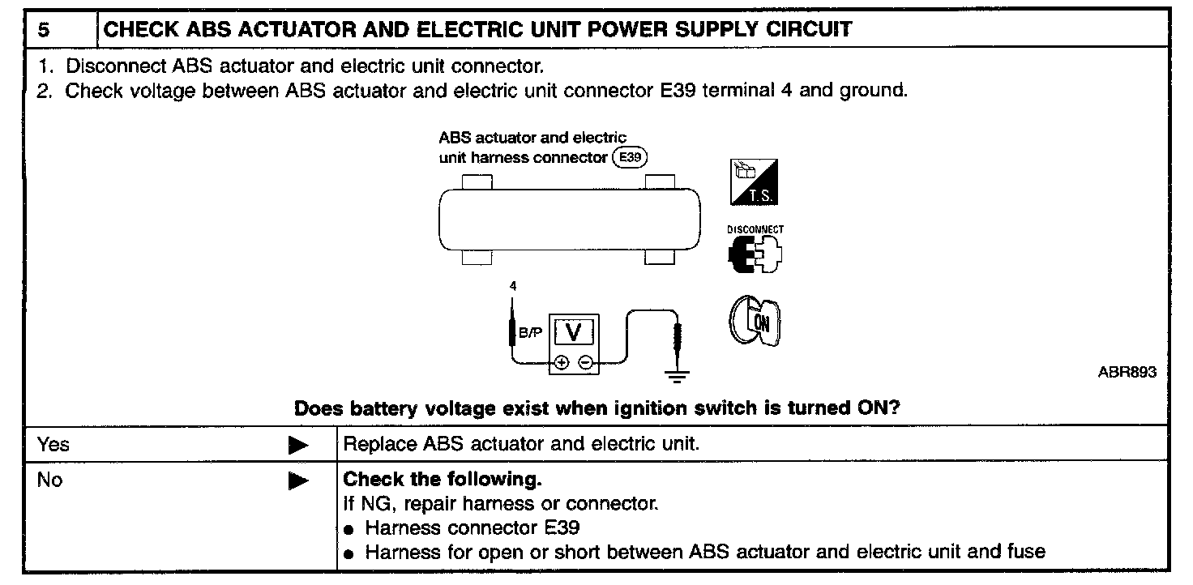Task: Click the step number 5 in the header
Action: [x=44, y=31]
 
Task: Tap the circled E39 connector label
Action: [x=630, y=157]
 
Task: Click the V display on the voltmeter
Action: [x=573, y=332]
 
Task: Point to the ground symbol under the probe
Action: [x=678, y=374]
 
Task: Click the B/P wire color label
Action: [x=532, y=332]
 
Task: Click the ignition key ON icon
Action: [x=755, y=322]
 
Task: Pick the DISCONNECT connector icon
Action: [x=755, y=252]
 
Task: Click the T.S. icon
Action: [x=755, y=182]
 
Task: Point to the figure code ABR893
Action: [x=1127, y=372]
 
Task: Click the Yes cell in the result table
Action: [x=53, y=444]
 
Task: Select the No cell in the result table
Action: [x=49, y=480]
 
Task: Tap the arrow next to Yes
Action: [x=299, y=445]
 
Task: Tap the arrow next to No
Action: [x=299, y=480]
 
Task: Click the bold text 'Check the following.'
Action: [x=442, y=479]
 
